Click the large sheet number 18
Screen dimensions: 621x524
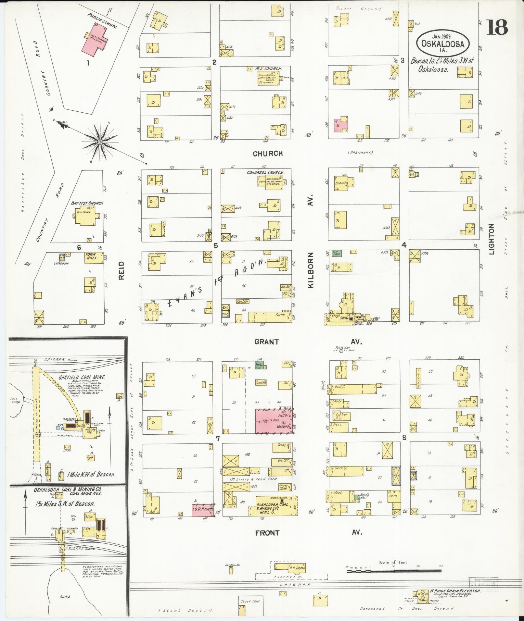[497, 27]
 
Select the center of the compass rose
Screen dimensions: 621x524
[100, 142]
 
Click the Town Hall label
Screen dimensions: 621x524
[92, 256]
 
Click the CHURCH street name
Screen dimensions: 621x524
[268, 154]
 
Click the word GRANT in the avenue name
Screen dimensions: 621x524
[267, 342]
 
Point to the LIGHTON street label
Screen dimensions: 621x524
[491, 239]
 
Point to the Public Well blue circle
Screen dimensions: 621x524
[341, 351]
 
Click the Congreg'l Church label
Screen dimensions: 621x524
[265, 173]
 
